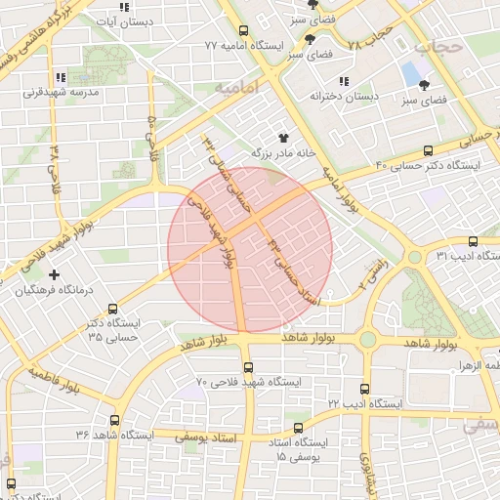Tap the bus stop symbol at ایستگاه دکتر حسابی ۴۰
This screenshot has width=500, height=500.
pos(428,150)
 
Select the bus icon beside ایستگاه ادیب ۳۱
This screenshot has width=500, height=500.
pos(473,240)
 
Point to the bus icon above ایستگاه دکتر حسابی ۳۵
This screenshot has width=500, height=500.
pos(114,309)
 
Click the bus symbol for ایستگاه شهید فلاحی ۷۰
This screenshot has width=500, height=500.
pos(248,368)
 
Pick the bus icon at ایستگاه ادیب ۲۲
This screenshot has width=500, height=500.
pos(365,389)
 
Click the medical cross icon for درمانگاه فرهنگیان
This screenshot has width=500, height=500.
pos(54,274)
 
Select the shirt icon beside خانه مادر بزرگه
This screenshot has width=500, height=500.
pos(284,138)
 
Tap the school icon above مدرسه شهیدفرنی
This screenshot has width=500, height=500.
pos(60,77)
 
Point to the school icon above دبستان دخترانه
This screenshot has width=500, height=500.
pos(343,81)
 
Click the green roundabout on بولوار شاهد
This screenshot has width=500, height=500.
pos(367,339)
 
